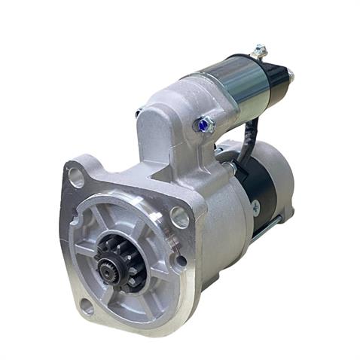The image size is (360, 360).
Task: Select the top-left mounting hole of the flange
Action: (x=76, y=178)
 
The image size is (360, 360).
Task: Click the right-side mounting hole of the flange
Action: (x=179, y=217)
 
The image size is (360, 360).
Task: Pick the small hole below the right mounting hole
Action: (x=181, y=261)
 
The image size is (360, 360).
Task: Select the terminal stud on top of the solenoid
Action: (x=260, y=51)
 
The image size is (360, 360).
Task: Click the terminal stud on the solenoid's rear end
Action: (x=291, y=75)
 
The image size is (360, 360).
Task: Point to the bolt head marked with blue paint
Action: (x=204, y=125)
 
